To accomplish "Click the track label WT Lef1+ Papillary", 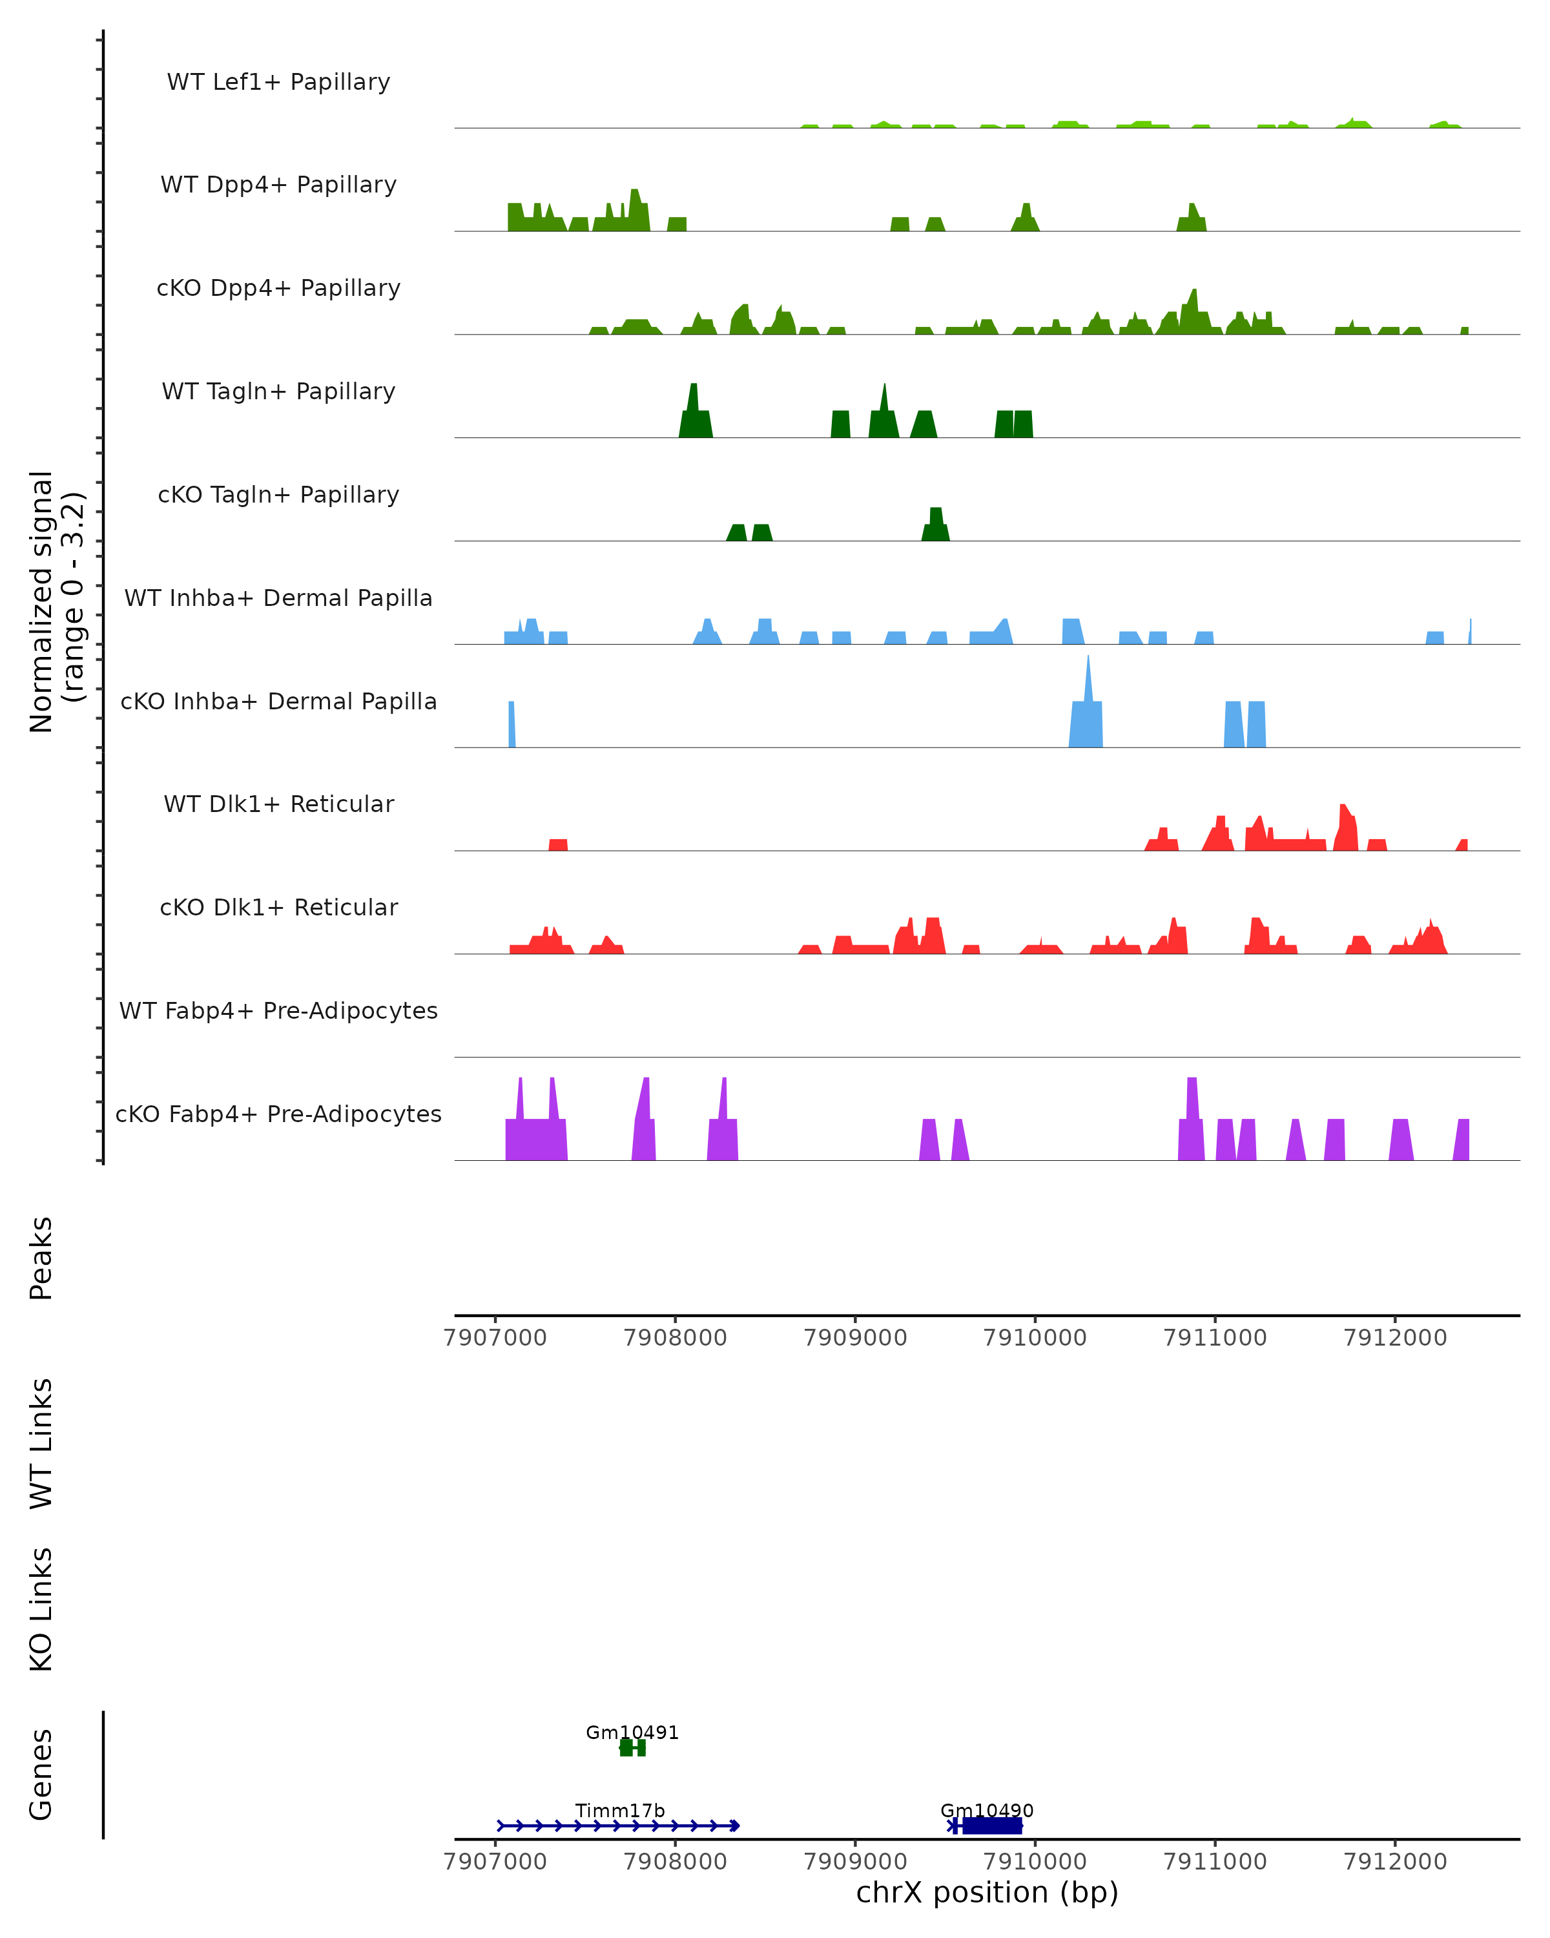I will coord(278,83).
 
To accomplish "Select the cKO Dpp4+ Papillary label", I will coord(278,289).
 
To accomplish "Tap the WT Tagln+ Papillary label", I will coord(278,392).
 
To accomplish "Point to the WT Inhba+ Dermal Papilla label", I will coord(278,599).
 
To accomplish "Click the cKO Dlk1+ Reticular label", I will coord(278,908).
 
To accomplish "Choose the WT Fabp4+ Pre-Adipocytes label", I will coord(278,1011).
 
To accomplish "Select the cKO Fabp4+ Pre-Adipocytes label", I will coord(278,1114).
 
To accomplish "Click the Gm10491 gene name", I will coord(632,1732).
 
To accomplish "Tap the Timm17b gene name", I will coord(620,1810).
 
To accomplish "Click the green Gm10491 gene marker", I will coord(632,1747).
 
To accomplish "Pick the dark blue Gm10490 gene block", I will coord(991,1826).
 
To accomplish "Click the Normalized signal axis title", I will coord(57,601).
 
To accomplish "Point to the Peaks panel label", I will coord(41,1258).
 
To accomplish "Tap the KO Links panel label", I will coord(41,1609).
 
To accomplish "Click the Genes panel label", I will coord(41,1775).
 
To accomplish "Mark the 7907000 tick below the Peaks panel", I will coord(495,1338).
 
